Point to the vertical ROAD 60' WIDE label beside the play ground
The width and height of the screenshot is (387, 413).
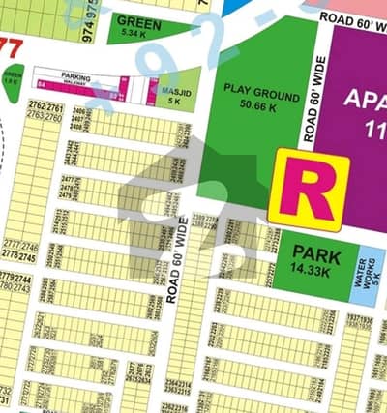(x=312, y=99)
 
